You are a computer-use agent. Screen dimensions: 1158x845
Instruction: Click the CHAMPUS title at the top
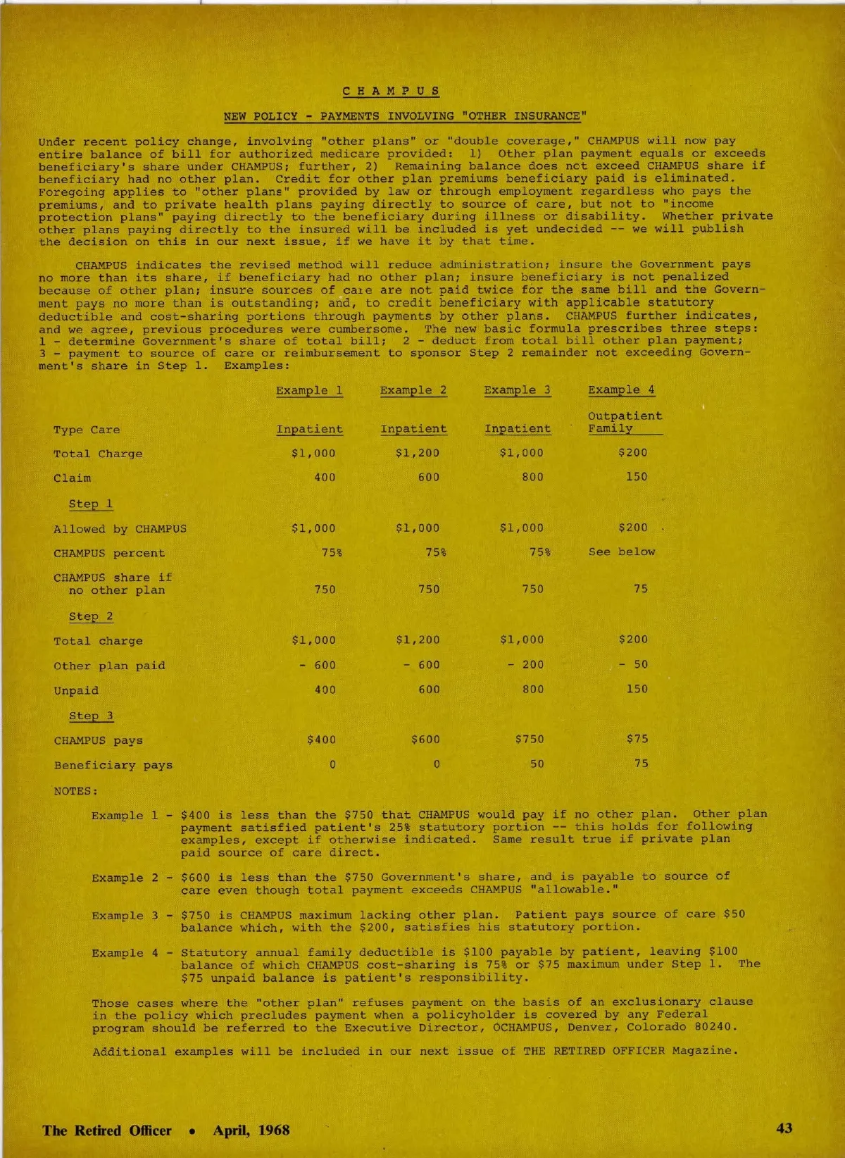(x=392, y=91)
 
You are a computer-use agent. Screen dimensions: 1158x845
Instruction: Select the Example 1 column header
(x=309, y=390)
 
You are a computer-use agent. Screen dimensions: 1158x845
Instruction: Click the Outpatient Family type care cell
(x=625, y=422)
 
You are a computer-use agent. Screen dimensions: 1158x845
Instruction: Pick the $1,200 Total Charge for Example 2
(x=417, y=453)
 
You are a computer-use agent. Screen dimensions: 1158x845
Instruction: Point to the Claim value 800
(x=532, y=477)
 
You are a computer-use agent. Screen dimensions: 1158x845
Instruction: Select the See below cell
(x=622, y=552)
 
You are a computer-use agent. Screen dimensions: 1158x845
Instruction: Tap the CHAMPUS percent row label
(x=109, y=554)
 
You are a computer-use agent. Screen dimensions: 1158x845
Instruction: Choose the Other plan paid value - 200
(x=525, y=664)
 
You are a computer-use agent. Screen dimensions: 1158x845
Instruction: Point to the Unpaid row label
(x=76, y=690)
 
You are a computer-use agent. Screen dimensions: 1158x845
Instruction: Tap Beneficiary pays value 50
(x=537, y=764)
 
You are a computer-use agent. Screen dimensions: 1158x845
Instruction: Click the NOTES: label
(x=76, y=791)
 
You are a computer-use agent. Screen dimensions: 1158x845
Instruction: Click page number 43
(x=784, y=1128)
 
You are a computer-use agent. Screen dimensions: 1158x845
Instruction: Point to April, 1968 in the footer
(x=251, y=1131)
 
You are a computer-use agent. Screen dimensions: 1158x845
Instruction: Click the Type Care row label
(x=87, y=430)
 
